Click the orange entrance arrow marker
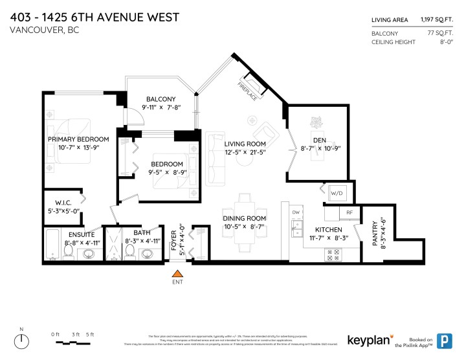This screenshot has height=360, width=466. (177, 275)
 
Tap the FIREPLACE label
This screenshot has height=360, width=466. (247, 91)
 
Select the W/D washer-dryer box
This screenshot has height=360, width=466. (337, 193)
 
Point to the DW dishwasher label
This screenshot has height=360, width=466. (296, 212)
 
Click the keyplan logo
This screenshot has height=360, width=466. (368, 340)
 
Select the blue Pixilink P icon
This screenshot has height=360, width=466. (445, 340)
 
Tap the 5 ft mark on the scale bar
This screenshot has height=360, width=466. (90, 334)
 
